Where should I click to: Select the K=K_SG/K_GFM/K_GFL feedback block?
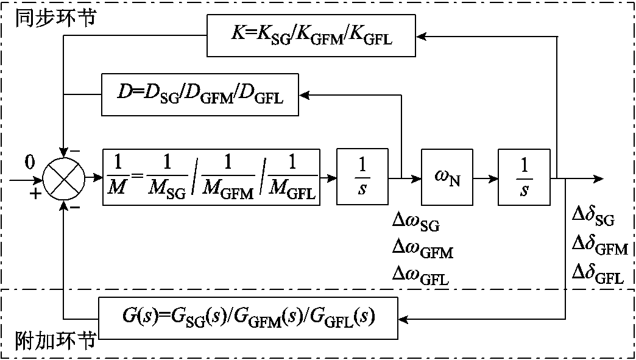point(311,37)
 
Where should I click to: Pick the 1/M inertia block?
point(211,179)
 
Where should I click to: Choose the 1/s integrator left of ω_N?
point(362,179)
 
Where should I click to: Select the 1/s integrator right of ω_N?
point(524,179)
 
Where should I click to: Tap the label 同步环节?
point(54,18)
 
